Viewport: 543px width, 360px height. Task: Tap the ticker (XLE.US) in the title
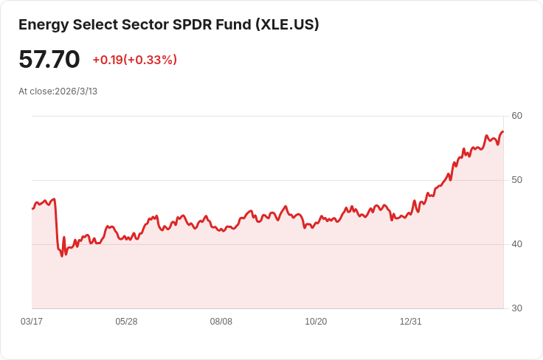[x=287, y=24]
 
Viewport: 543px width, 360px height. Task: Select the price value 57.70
[x=49, y=59]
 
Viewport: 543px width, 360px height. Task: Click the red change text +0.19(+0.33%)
[x=134, y=60]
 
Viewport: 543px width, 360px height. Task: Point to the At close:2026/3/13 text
[x=58, y=91]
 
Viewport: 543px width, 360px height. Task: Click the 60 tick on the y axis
[x=516, y=116]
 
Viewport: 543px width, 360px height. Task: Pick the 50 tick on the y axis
[x=516, y=180]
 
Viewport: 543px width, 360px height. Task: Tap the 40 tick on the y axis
[x=516, y=244]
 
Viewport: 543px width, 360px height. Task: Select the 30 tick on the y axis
[x=516, y=308]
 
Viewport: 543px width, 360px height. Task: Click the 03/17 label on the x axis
[x=32, y=322]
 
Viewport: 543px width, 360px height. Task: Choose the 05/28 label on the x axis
[x=126, y=322]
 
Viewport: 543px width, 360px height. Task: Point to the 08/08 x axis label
[x=221, y=322]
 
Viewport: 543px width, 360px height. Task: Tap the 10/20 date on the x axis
[x=316, y=322]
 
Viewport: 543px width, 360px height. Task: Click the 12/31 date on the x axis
[x=410, y=322]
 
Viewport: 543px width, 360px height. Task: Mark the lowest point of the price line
[x=62, y=256]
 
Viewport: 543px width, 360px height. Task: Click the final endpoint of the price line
[x=503, y=132]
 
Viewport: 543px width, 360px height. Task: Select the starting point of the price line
[x=32, y=209]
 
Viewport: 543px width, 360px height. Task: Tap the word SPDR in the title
[x=190, y=24]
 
